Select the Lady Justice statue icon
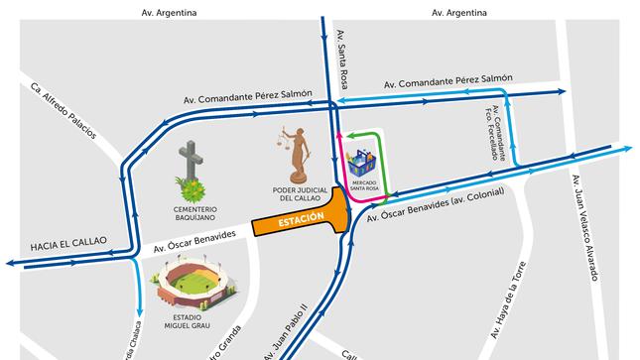tap(298, 151)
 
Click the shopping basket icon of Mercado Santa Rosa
tap(361, 159)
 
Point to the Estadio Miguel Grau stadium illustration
tap(193, 286)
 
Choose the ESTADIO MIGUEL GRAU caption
tap(195, 325)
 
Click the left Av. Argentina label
tap(170, 13)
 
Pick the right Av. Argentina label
tap(459, 13)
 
